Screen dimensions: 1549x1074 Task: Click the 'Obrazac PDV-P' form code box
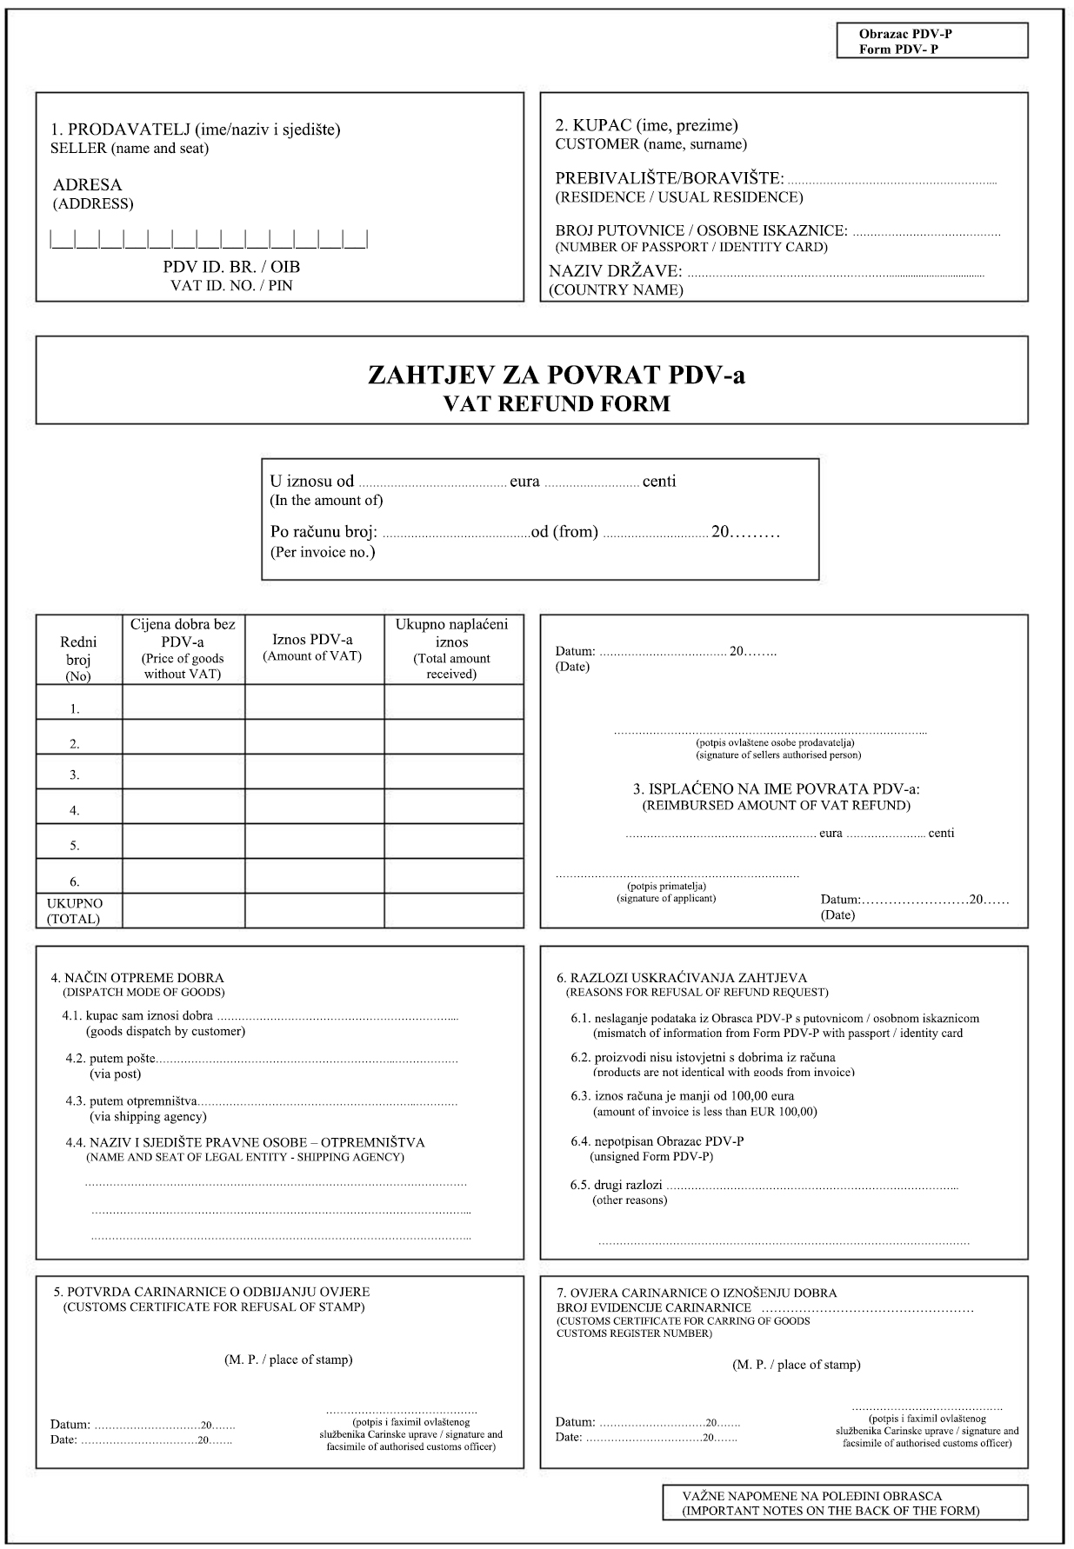(x=931, y=41)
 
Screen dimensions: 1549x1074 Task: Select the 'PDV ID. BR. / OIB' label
(x=231, y=267)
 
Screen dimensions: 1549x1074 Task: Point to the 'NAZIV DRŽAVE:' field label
(x=619, y=271)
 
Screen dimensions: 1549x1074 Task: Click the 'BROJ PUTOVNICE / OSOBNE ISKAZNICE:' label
(x=701, y=230)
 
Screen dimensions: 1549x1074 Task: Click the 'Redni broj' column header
(x=78, y=650)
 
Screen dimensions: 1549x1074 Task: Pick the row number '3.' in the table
(x=75, y=774)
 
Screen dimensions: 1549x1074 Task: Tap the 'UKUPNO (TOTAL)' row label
(x=75, y=910)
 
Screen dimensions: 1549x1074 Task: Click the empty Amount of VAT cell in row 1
(x=314, y=702)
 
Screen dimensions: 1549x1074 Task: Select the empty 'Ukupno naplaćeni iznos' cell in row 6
(x=453, y=876)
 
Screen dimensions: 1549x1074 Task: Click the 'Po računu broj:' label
(x=324, y=532)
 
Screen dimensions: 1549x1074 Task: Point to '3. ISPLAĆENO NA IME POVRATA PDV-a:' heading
(x=776, y=789)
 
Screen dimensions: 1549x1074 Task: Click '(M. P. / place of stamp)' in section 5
(x=288, y=1360)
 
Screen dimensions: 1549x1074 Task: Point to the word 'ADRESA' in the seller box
(x=88, y=185)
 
